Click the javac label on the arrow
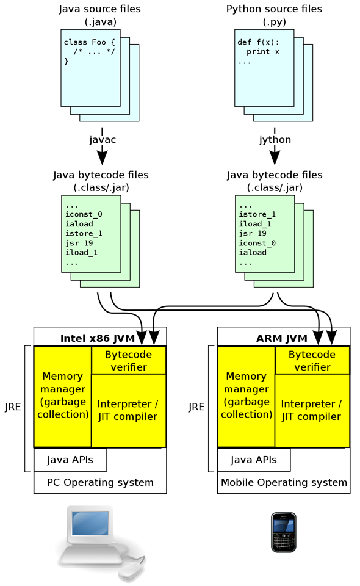pyautogui.click(x=101, y=140)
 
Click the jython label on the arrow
pyautogui.click(x=275, y=140)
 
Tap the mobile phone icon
pyautogui.click(x=284, y=532)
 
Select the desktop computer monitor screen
pyautogui.click(x=91, y=524)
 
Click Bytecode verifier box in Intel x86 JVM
pyautogui.click(x=128, y=360)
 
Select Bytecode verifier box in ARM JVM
pyautogui.click(x=312, y=360)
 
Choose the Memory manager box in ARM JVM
pyautogui.click(x=246, y=395)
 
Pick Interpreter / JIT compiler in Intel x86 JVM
pyautogui.click(x=128, y=410)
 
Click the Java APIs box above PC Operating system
pyautogui.click(x=70, y=460)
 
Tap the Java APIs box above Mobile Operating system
pyautogui.click(x=254, y=460)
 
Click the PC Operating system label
pyautogui.click(x=100, y=482)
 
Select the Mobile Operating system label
pyautogui.click(x=284, y=482)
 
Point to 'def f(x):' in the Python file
pyautogui.click(x=258, y=42)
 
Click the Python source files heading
pyautogui.click(x=274, y=9)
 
